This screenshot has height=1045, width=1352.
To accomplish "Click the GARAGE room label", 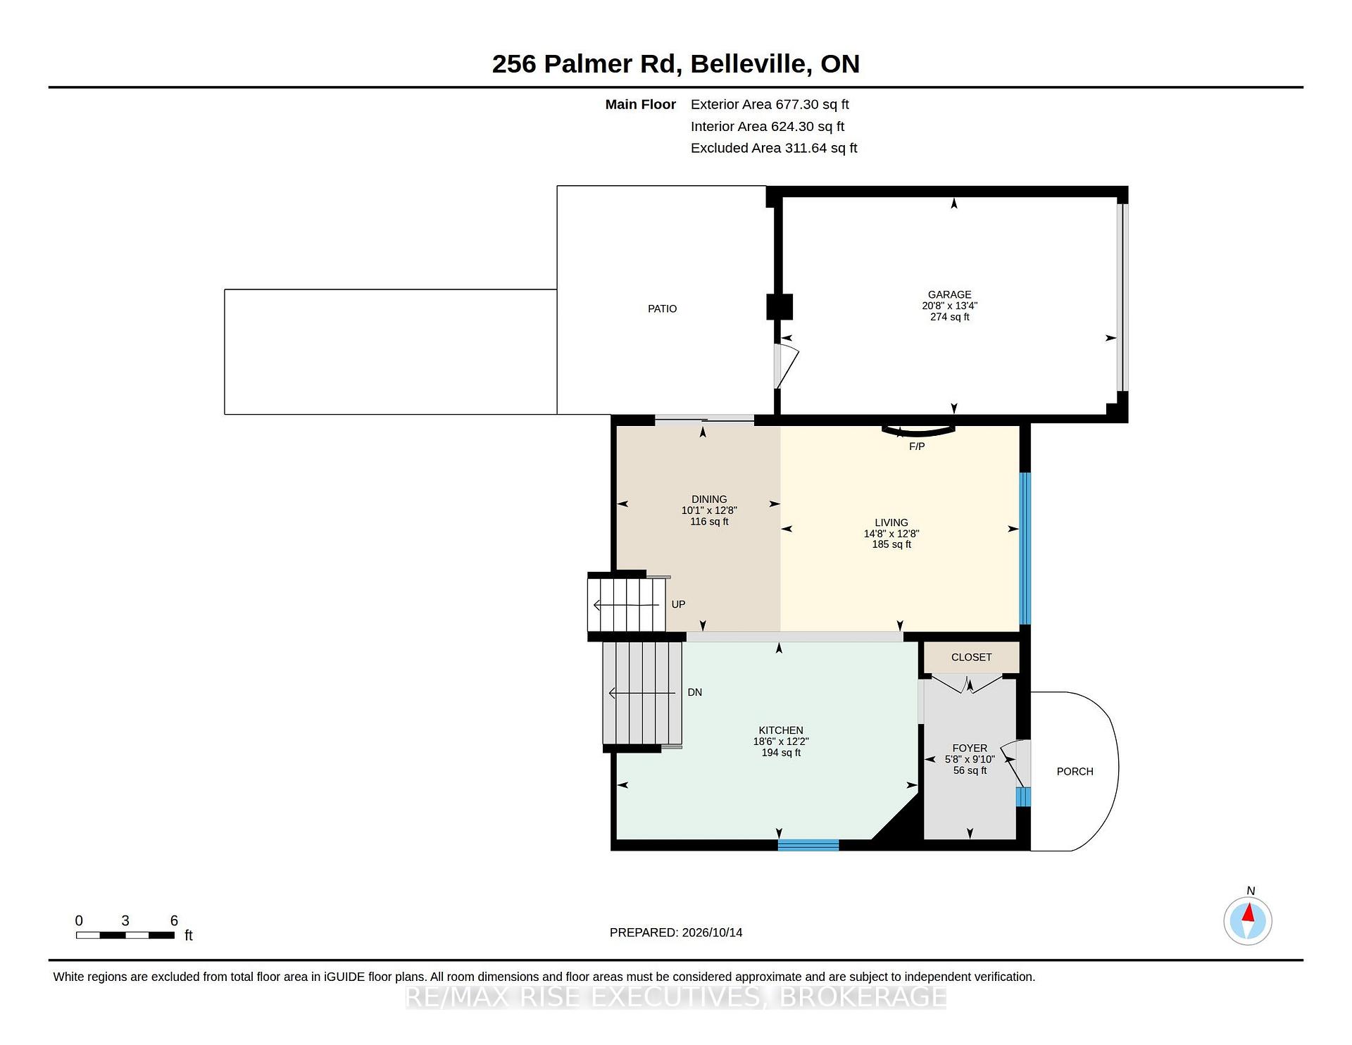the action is [949, 294].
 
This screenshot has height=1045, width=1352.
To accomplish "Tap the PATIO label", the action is [662, 308].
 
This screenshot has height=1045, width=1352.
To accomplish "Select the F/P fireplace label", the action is [917, 446].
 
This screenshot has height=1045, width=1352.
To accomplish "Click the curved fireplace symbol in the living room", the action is [919, 432].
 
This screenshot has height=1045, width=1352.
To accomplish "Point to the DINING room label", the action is [709, 499].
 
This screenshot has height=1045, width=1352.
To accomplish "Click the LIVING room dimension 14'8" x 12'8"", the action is [891, 534].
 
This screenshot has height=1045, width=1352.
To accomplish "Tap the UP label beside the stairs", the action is [678, 604].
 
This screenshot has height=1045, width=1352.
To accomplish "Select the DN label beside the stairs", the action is [695, 692].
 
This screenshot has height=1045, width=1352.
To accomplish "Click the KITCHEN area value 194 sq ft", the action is [781, 753].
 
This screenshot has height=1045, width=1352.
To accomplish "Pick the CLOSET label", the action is [971, 657].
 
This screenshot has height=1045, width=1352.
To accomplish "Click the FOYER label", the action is [970, 748].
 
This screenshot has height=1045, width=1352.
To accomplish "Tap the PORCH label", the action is [1075, 771].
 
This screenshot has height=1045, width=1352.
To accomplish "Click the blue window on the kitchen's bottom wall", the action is [808, 845].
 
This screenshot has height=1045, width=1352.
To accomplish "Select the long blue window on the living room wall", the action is [1025, 549].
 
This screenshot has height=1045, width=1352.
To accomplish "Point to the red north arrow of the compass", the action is [1248, 913].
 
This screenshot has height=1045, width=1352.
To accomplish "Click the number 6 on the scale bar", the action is [174, 920].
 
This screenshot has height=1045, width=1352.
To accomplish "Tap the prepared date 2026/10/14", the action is [712, 932].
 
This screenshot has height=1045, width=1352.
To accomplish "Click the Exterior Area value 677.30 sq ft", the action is [812, 104].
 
